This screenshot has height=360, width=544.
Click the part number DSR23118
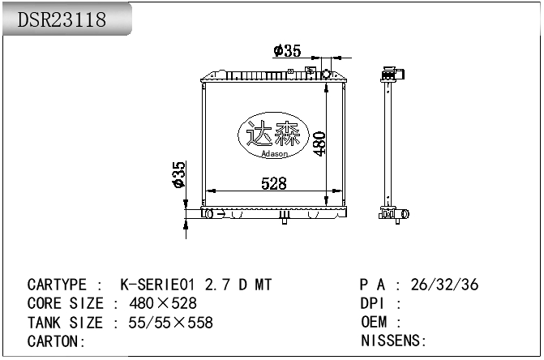click(62, 20)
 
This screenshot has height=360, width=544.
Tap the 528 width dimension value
click(273, 184)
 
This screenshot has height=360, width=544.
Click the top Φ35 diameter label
click(287, 51)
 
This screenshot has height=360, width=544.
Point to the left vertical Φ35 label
click(179, 174)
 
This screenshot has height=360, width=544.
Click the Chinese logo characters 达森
click(272, 132)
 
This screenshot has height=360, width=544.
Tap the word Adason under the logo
click(274, 151)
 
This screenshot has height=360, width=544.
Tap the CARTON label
click(54, 341)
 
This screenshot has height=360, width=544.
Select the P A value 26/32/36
click(445, 285)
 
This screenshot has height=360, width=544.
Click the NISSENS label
click(392, 341)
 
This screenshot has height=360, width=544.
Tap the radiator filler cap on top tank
click(326, 74)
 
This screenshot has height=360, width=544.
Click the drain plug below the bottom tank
click(285, 218)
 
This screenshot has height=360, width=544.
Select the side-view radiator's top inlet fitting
click(396, 75)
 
